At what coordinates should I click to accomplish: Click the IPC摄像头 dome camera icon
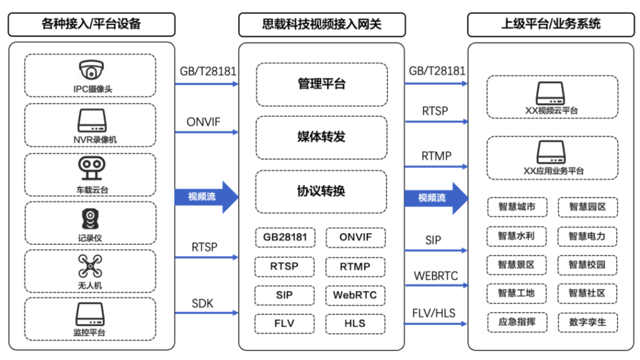90,70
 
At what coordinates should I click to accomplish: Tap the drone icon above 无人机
90,266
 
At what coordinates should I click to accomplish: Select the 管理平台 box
321,84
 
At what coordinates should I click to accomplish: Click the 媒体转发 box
321,137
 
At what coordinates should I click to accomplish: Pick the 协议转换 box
321,191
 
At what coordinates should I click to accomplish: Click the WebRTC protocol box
355,295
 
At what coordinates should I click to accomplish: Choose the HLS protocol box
355,324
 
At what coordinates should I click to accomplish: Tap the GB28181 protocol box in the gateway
284,237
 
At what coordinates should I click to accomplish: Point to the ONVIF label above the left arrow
203,122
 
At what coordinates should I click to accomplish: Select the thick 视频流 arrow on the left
206,197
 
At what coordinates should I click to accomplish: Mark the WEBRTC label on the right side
436,276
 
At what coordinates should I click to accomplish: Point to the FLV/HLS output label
436,312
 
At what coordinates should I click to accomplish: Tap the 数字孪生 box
587,322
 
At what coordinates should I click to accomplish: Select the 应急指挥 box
517,322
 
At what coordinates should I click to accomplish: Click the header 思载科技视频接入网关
321,24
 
